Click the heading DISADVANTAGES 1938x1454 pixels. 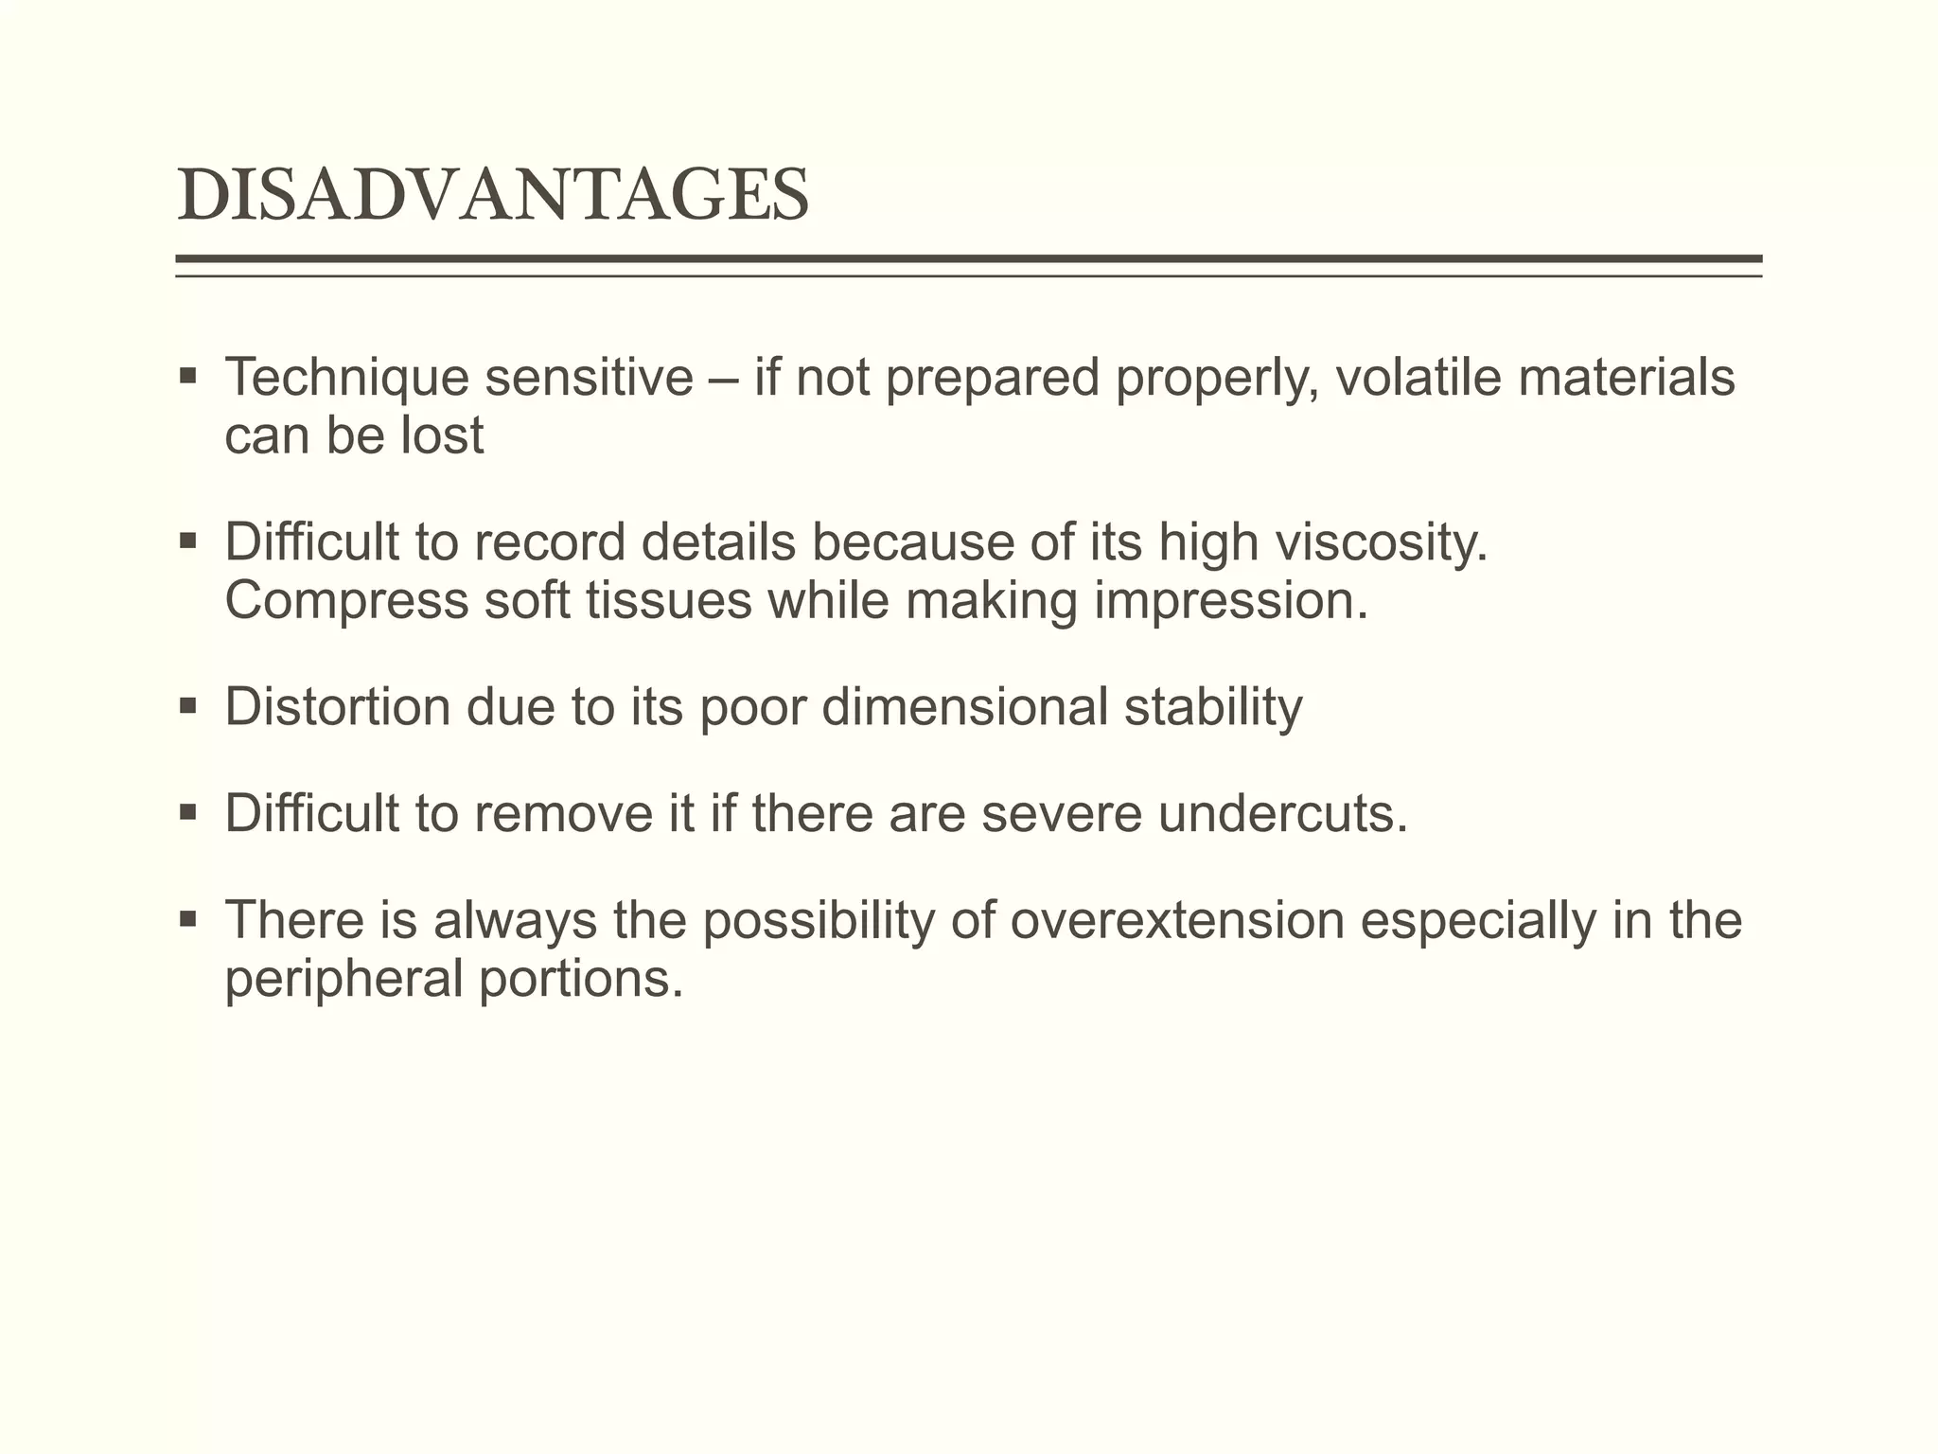click(493, 196)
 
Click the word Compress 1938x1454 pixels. click(346, 601)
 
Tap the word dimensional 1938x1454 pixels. click(964, 707)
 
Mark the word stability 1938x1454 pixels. click(1213, 707)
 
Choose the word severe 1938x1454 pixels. click(1062, 813)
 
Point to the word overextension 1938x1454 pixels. click(1177, 920)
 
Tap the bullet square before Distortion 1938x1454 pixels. click(187, 705)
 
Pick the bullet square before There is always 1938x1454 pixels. click(187, 918)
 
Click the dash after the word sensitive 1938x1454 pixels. click(724, 379)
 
